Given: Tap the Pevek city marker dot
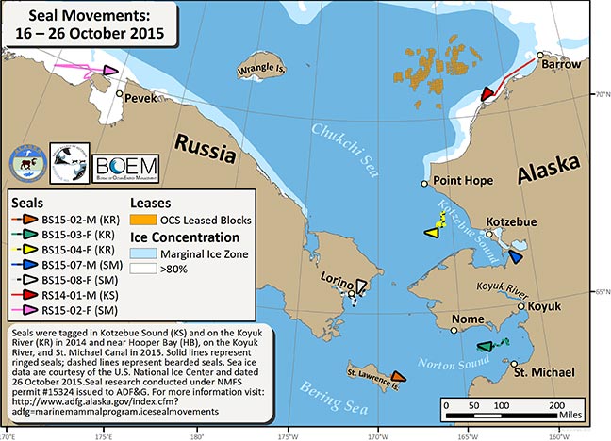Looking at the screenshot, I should pos(119,93).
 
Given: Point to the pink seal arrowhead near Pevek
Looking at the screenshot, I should pos(110,71).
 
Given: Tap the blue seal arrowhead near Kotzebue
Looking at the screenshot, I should pos(515,255).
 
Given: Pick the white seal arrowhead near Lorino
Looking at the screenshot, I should pos(361,284).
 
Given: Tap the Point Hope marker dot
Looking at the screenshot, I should pos(424,184).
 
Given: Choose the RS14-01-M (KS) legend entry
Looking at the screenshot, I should pos(67,297).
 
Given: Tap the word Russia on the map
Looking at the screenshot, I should pos(199,143).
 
